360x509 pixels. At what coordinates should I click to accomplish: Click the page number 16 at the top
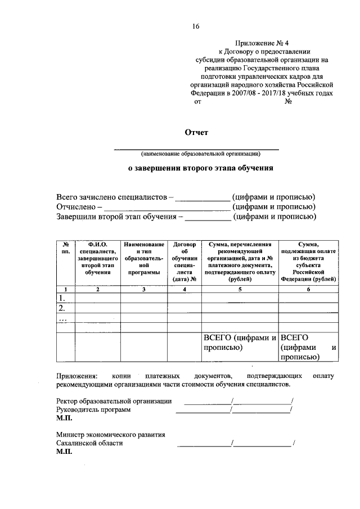pos(195,26)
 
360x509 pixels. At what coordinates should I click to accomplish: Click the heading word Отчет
pos(196,133)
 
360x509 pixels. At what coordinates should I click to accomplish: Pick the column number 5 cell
pos(240,289)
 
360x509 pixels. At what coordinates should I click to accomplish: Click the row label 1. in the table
pos(62,298)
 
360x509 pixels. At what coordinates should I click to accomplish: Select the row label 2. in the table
pos(62,308)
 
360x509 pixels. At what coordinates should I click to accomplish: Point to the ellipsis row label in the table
pos(62,319)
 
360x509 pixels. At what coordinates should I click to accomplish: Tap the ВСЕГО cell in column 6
pos(308,346)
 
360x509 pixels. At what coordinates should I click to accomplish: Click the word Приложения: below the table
pos(76,375)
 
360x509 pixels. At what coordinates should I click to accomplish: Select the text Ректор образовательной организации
pos(114,401)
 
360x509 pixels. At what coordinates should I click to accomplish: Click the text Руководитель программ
pos(93,410)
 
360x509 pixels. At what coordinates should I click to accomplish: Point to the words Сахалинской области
pos(89,443)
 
